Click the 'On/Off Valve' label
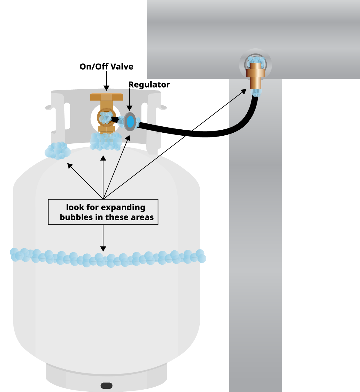tap(106, 67)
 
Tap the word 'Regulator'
tap(149, 85)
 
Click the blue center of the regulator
tap(130, 122)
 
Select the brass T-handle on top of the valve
tap(106, 97)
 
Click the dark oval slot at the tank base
tap(106, 385)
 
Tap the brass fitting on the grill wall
tap(256, 76)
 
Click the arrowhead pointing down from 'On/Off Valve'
tap(106, 88)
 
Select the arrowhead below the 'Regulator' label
tap(129, 108)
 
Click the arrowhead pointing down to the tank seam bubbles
tap(103, 249)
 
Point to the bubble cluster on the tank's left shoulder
tap(58, 151)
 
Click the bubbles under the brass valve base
tap(106, 141)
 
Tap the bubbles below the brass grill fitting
tap(256, 93)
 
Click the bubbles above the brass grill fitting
tap(256, 61)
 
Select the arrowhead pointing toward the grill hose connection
tap(244, 91)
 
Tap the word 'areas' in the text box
tap(144, 217)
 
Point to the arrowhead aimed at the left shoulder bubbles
tap(70, 166)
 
